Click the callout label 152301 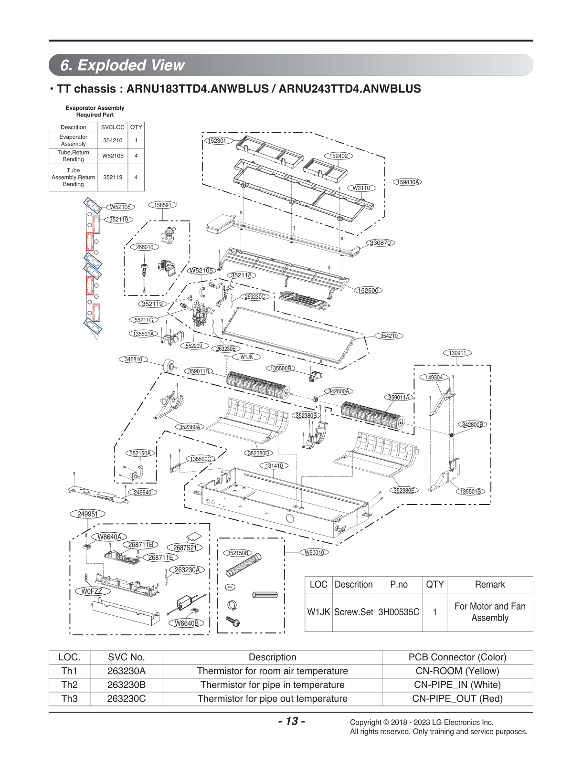click(217, 141)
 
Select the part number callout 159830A click(408, 182)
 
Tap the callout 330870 click(381, 243)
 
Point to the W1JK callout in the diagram click(247, 357)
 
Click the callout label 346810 click(133, 359)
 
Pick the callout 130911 click(457, 353)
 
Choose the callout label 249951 click(87, 514)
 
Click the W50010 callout click(314, 553)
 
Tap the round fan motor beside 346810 click(169, 366)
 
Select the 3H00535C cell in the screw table click(399, 612)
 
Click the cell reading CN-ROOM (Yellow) click(457, 671)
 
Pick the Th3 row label click(69, 698)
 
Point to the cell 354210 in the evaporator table click(113, 140)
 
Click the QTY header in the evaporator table click(136, 127)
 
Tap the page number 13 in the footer click(291, 721)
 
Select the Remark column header click(490, 584)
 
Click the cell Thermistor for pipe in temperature click(273, 685)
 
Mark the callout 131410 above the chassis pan click(274, 466)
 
